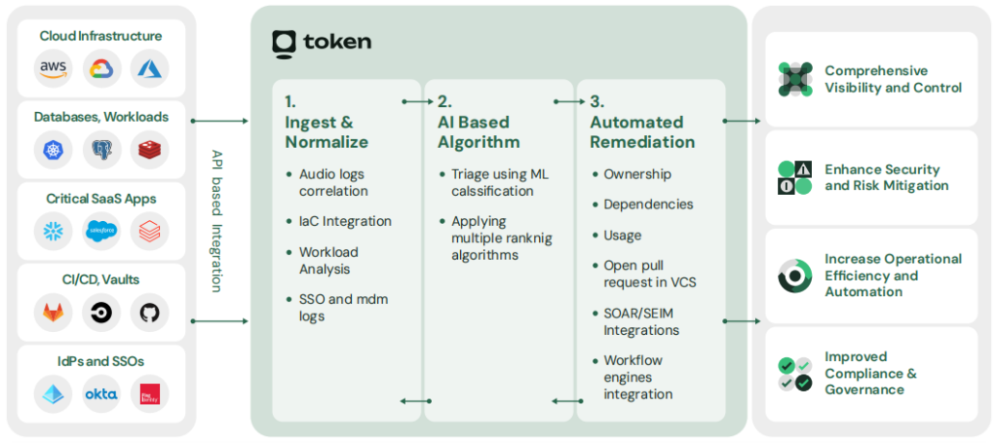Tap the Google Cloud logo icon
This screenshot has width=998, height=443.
pyautogui.click(x=101, y=68)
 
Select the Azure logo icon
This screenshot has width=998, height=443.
pyautogui.click(x=150, y=68)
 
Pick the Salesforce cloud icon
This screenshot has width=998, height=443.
pyautogui.click(x=101, y=231)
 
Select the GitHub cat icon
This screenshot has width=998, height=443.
pyautogui.click(x=150, y=313)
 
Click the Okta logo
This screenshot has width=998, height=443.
pyautogui.click(x=101, y=394)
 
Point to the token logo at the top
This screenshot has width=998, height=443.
pyautogui.click(x=322, y=43)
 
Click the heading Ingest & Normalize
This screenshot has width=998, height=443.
pyautogui.click(x=326, y=131)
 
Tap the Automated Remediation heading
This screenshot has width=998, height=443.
pyautogui.click(x=642, y=131)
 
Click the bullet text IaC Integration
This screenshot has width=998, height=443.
pyautogui.click(x=345, y=221)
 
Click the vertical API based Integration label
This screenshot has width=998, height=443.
pyautogui.click(x=217, y=221)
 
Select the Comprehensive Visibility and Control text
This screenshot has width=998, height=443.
pyautogui.click(x=893, y=79)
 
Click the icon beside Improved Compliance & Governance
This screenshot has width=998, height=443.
pyautogui.click(x=795, y=374)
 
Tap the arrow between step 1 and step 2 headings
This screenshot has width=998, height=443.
pyautogui.click(x=418, y=100)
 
